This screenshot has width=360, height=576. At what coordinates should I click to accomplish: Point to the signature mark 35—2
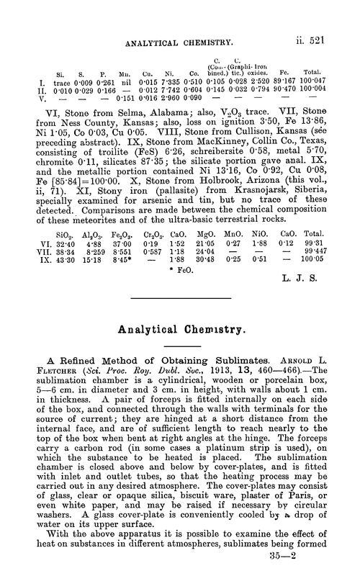pos(325,556)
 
